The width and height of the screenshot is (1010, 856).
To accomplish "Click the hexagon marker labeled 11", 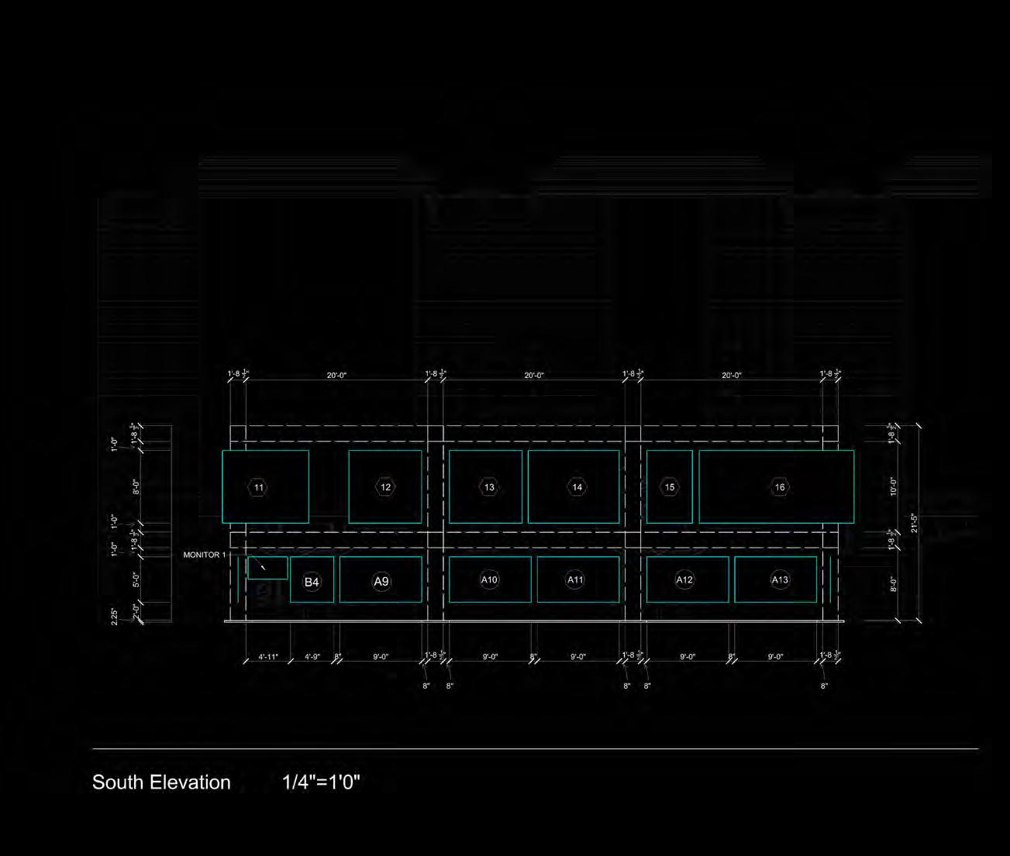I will [x=258, y=487].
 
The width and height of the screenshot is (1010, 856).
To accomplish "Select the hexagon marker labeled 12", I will [x=385, y=487].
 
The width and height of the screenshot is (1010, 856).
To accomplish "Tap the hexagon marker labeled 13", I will [x=489, y=487].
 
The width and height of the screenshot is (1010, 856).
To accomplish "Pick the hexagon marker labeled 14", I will [x=577, y=487].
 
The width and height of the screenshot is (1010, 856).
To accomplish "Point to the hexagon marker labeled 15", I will [x=670, y=487].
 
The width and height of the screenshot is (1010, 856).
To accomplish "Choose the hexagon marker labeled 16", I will [x=780, y=487].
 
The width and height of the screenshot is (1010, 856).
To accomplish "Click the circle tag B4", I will [x=312, y=582].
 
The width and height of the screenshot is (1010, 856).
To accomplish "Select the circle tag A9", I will [x=381, y=582].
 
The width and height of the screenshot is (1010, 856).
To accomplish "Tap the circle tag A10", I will [x=489, y=579].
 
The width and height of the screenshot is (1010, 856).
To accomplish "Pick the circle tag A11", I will [x=575, y=579].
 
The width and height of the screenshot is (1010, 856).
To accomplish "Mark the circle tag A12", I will [x=684, y=579].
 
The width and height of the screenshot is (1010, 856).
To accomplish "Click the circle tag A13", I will [x=780, y=579].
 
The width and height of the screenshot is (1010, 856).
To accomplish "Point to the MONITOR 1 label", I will [x=205, y=555].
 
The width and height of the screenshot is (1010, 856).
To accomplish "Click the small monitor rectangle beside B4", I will [x=267, y=568].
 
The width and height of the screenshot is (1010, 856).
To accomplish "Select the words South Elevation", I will [x=161, y=782].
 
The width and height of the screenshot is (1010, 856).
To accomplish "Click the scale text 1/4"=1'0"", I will [x=322, y=782].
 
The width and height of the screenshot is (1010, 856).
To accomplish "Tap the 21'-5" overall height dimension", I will [x=915, y=523].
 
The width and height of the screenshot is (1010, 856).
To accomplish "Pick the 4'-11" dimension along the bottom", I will [x=268, y=657].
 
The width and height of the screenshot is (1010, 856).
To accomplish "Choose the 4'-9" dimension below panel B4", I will [x=312, y=657].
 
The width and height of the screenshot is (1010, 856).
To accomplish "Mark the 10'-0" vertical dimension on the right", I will [x=893, y=486].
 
